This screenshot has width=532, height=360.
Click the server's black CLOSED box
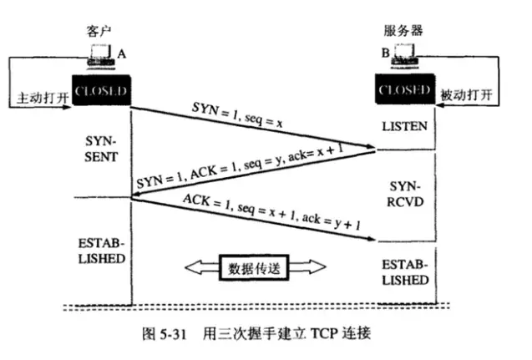[x=405, y=90]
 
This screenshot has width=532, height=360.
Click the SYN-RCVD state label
[x=406, y=191]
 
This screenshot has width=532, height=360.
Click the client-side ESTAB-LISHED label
[x=104, y=251]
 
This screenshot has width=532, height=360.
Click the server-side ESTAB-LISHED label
[x=406, y=270]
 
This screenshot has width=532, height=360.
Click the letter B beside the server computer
[x=385, y=53]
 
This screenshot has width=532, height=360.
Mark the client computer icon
[x=102, y=58]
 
